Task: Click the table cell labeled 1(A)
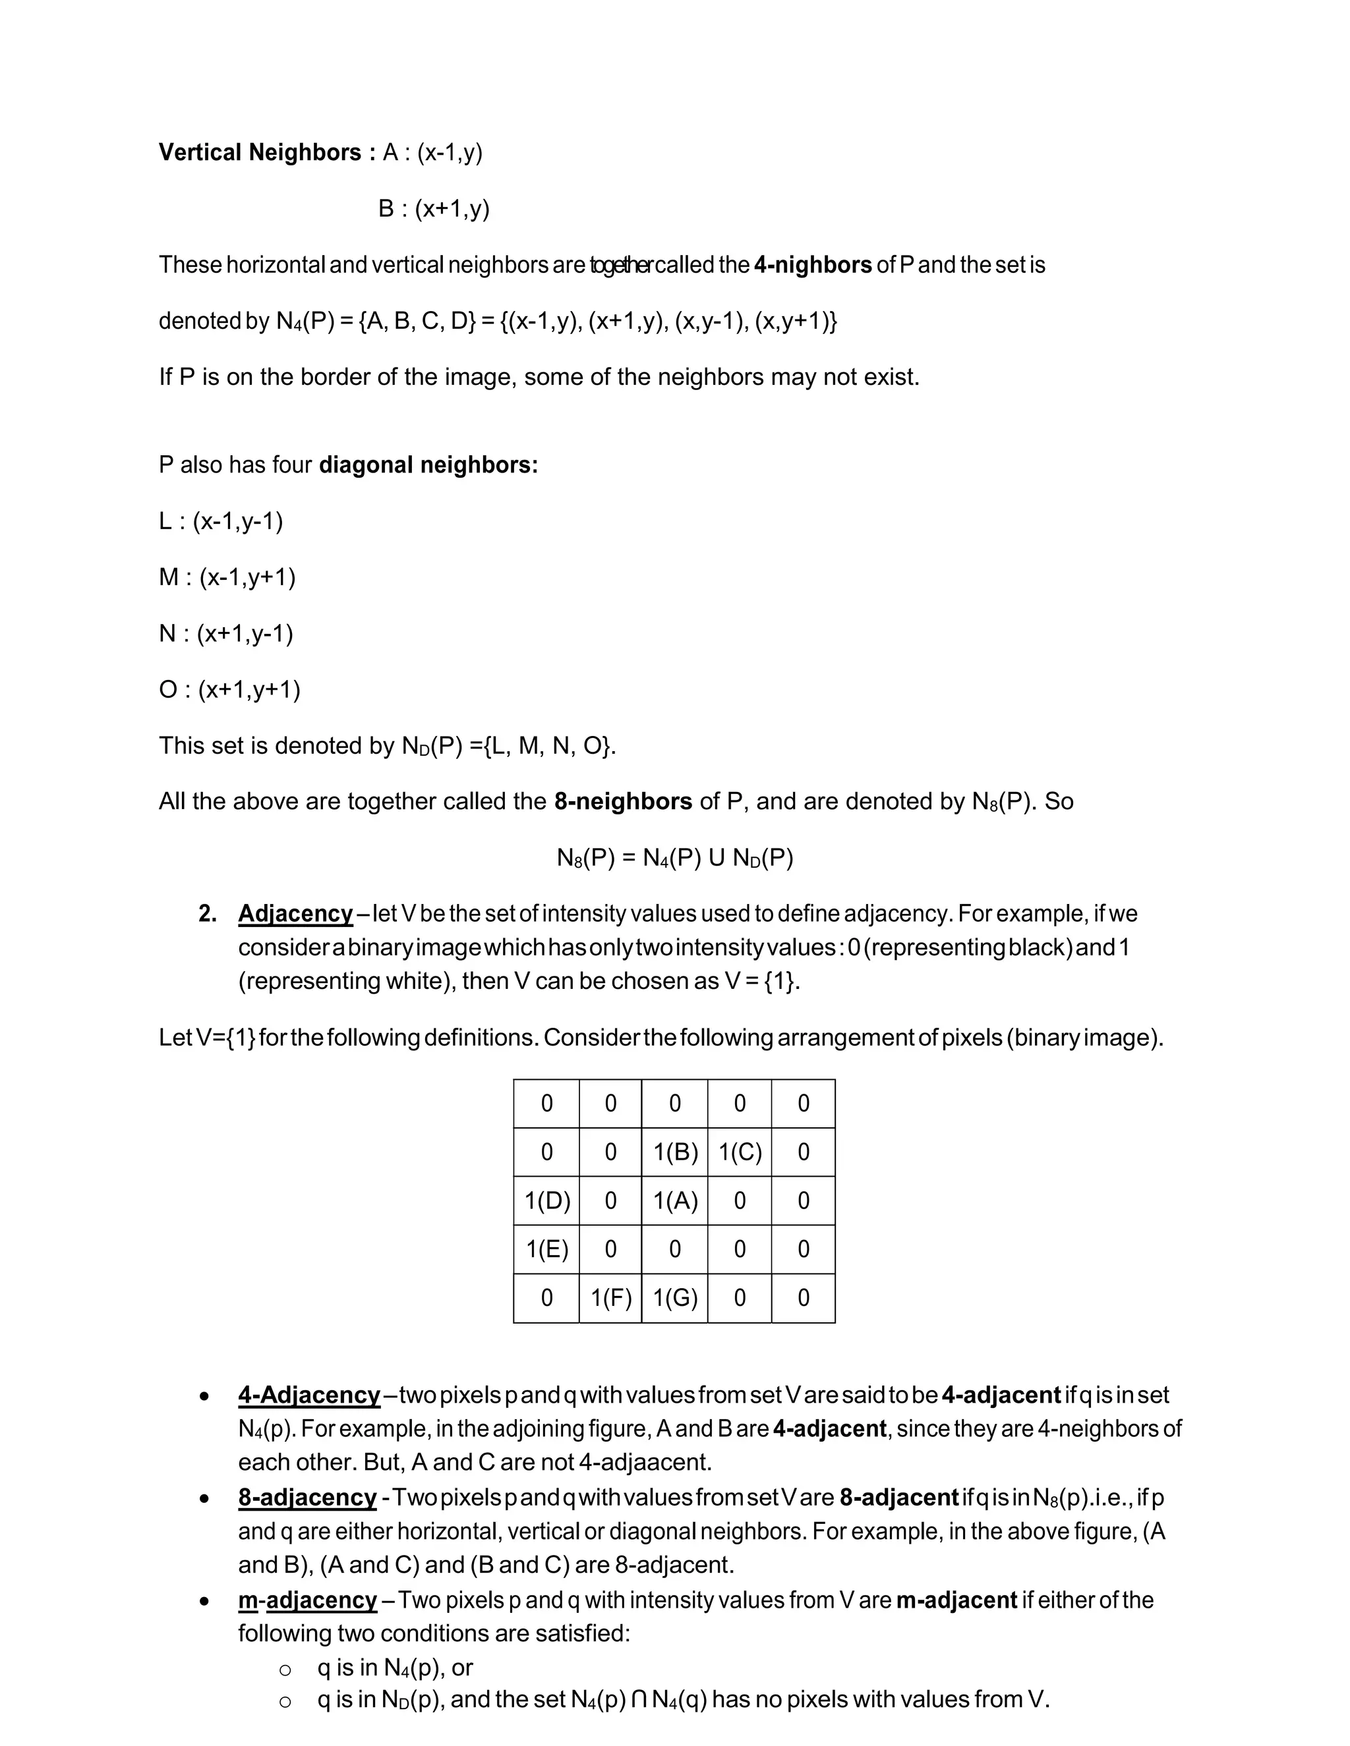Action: (675, 1200)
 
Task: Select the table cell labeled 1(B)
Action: (675, 1152)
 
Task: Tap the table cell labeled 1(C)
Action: (740, 1152)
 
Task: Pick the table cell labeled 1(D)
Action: (547, 1200)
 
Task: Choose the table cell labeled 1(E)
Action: (547, 1249)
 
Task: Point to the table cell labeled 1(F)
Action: (611, 1297)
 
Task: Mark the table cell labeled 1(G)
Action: (675, 1297)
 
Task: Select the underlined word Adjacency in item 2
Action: (295, 914)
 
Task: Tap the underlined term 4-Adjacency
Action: (308, 1395)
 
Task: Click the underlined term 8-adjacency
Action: (307, 1498)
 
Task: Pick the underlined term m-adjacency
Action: (307, 1600)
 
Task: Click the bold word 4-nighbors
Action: (813, 265)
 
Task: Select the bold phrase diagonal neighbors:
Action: (428, 465)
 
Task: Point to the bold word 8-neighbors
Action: (623, 801)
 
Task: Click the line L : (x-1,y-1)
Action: (221, 521)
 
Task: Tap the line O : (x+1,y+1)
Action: (229, 689)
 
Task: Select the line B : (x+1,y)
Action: (434, 209)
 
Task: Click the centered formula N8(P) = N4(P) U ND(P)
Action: (675, 858)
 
